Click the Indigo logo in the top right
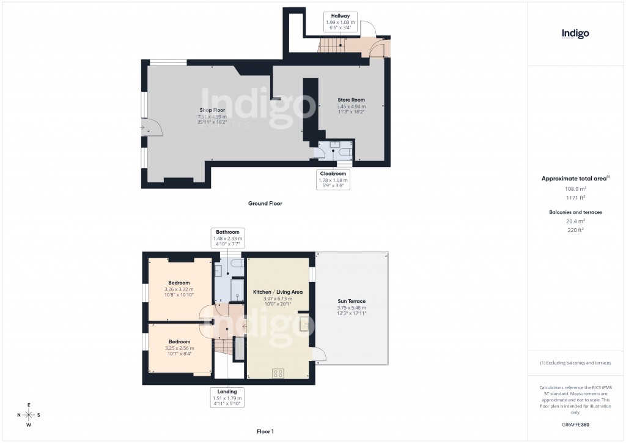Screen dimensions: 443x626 click(x=575, y=34)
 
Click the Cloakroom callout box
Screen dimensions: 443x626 click(x=333, y=180)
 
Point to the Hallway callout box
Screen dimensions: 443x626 click(x=340, y=21)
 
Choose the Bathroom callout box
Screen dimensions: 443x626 click(x=227, y=238)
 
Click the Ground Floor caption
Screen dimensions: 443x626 click(x=265, y=204)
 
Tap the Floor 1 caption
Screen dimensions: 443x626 click(x=265, y=431)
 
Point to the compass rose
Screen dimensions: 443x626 click(x=29, y=414)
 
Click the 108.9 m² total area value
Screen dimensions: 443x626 click(x=575, y=189)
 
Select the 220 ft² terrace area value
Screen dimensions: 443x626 click(x=575, y=230)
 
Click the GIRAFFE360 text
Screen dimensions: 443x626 click(x=575, y=425)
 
